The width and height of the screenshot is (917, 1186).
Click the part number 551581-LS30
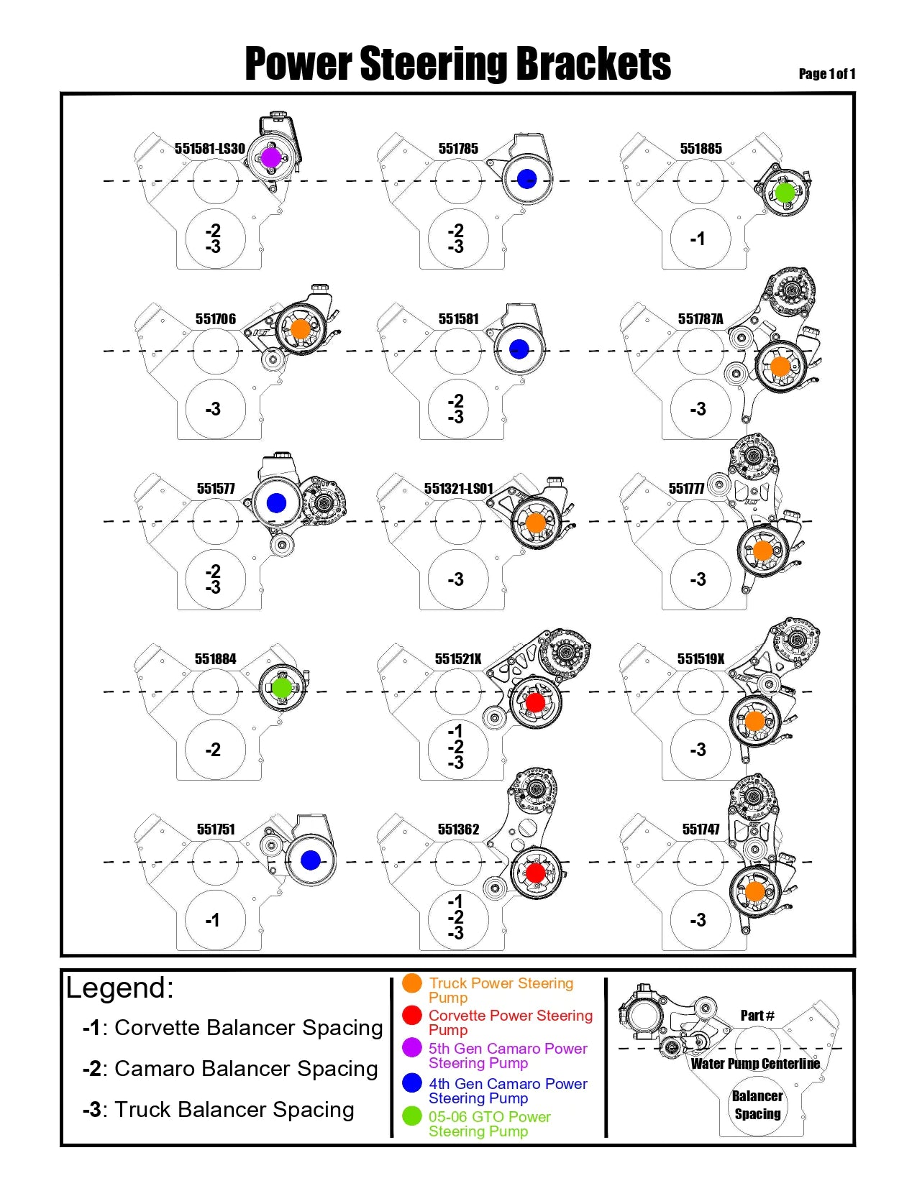tap(209, 149)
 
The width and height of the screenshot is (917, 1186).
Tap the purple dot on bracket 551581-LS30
tap(270, 157)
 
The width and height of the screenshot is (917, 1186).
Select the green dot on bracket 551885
tap(785, 193)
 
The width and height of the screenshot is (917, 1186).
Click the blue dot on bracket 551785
tap(527, 179)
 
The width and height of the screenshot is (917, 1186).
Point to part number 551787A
tap(701, 319)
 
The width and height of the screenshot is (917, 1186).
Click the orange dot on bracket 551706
tap(300, 329)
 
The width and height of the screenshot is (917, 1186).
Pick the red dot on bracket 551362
tap(536, 873)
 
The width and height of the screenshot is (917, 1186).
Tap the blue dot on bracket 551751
tap(311, 860)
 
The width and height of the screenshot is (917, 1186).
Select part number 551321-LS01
tap(458, 489)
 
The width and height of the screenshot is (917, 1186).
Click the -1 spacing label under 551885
tap(698, 239)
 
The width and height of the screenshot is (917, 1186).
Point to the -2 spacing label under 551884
tap(213, 750)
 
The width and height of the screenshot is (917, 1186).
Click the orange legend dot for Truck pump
tap(412, 983)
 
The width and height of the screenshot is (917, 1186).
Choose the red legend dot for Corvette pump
tap(412, 1015)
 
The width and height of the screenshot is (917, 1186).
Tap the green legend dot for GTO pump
tap(412, 1116)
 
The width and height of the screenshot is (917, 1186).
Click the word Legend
tap(119, 988)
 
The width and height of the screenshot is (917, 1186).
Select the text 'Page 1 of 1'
tap(826, 73)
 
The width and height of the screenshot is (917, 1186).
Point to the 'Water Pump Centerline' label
tap(755, 1064)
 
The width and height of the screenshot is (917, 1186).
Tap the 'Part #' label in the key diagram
tap(757, 1016)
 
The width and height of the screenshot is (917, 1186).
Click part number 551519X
tap(701, 659)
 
